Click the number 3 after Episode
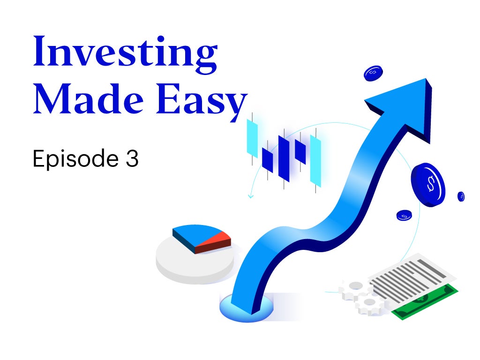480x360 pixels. coord(132,158)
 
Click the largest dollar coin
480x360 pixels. coord(428,185)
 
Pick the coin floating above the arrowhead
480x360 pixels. coord(373,73)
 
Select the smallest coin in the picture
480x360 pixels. coord(461,196)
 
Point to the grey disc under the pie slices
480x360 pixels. coord(195,263)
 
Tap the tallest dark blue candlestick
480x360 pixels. coord(284,158)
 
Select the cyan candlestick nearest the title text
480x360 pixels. coord(252,139)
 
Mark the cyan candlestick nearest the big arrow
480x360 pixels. coord(315,161)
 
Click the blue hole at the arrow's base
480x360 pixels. coord(246,307)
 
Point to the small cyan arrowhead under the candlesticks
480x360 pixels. coord(250,196)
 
